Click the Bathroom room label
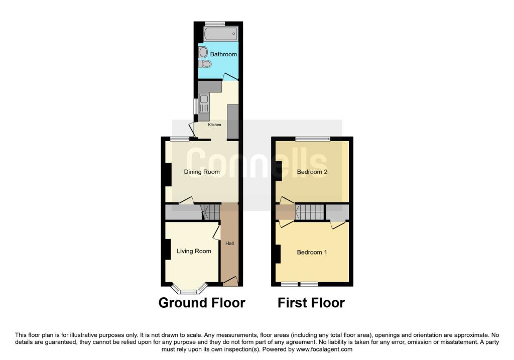(x=223, y=54)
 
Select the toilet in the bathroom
(x=204, y=64)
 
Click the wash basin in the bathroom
(x=203, y=52)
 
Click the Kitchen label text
(x=215, y=125)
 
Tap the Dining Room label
(x=202, y=172)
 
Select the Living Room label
(x=194, y=251)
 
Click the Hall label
(x=229, y=244)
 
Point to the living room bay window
(x=189, y=290)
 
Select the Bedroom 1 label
(x=312, y=252)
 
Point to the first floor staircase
(x=310, y=211)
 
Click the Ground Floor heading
(x=202, y=303)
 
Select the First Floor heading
(x=311, y=303)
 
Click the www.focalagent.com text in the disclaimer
(x=325, y=349)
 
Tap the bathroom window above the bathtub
(x=215, y=24)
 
